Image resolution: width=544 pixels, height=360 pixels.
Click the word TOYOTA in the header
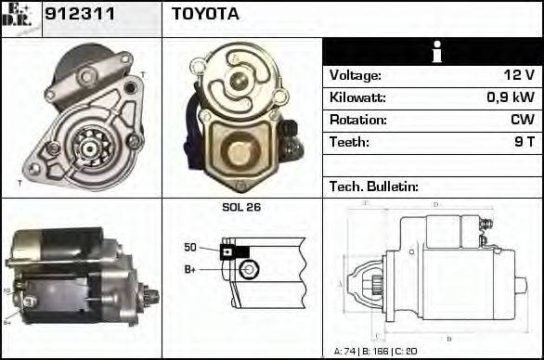pos(205,15)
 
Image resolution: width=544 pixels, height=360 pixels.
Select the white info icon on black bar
pos(433,52)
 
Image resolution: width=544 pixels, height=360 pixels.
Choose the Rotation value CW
pos(523,121)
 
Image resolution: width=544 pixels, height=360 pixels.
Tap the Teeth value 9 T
pos(525,143)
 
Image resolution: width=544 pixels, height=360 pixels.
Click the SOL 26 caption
pos(241,208)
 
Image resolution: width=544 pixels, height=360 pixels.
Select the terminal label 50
pos(190,247)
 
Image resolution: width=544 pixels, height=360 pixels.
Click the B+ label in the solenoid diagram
pos(191,269)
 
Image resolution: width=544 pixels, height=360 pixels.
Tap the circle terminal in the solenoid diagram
pos(247,270)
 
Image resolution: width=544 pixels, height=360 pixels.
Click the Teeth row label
pos(349,143)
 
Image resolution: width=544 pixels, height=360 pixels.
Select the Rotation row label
pos(356,121)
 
